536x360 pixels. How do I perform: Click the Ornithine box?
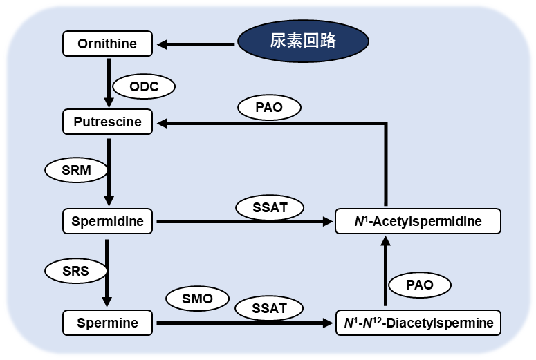point(107,44)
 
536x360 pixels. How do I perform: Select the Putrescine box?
point(107,122)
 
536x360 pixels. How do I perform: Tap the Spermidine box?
point(107,222)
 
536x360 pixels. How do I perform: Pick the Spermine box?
point(107,323)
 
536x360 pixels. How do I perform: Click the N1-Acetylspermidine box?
point(418,222)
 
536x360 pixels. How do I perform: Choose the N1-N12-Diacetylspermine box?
point(418,323)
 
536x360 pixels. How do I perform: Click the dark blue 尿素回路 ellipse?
point(302,41)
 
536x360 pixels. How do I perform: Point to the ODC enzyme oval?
point(144,87)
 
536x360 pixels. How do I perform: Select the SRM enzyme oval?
point(76,170)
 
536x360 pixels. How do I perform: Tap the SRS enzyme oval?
point(76,271)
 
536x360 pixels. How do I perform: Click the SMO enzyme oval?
point(198,299)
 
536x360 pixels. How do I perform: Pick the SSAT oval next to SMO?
point(270,308)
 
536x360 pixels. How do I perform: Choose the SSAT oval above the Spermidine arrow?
point(270,207)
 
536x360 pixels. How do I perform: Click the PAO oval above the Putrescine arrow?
point(269,107)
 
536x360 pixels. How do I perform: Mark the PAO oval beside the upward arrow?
point(419,285)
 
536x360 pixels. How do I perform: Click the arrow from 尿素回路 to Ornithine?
point(197,45)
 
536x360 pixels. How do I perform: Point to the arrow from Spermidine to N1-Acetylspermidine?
point(242,222)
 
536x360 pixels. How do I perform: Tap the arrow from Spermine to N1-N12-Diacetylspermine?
point(242,323)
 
